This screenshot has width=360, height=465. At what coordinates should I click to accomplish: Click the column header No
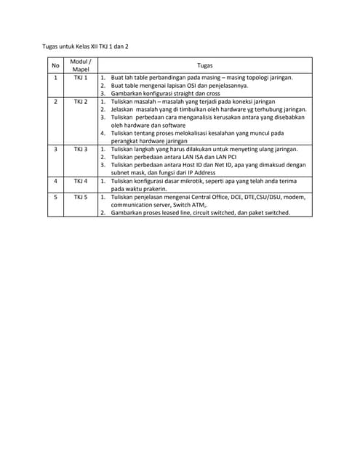tap(55, 65)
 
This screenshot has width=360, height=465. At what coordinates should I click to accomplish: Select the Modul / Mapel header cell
tap(81, 65)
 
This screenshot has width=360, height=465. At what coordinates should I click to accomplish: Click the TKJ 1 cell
tap(81, 76)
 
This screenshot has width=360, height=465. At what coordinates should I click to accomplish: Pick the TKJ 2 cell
tap(81, 102)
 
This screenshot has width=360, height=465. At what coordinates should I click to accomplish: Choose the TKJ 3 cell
tap(81, 149)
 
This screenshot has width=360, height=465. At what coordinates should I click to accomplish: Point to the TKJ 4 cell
tap(81, 181)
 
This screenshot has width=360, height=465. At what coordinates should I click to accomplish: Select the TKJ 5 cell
tap(81, 197)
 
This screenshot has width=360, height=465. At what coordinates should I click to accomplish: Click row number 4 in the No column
tap(55, 181)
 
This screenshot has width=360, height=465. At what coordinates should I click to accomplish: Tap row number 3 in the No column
tap(55, 149)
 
